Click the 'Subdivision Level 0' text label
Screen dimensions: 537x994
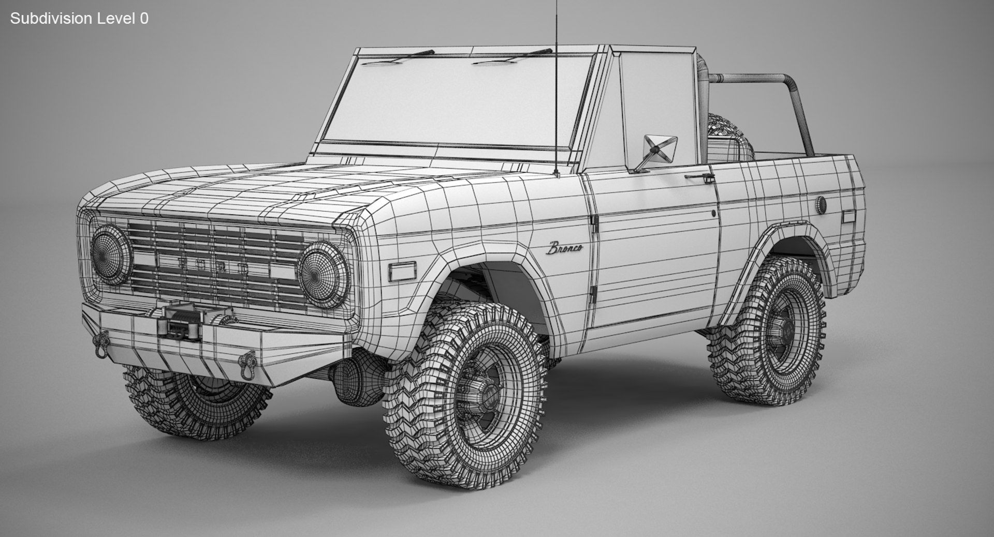click(79, 19)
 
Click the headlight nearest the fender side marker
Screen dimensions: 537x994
click(324, 274)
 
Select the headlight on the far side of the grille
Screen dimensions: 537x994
click(111, 254)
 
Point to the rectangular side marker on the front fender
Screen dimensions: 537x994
click(402, 271)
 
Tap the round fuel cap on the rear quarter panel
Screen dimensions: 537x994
click(821, 204)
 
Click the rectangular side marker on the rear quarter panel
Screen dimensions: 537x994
click(849, 216)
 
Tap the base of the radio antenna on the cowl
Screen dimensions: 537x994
click(557, 173)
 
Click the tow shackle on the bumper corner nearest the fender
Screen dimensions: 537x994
click(249, 361)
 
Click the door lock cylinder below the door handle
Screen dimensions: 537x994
click(714, 213)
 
